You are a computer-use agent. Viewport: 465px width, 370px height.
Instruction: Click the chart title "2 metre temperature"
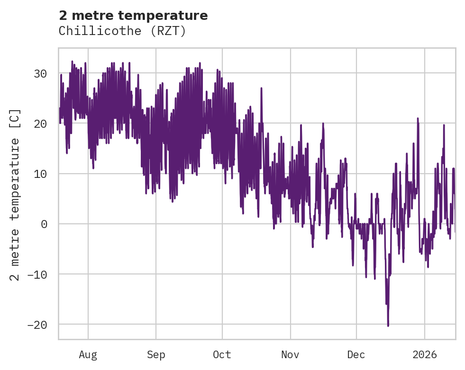[133, 16]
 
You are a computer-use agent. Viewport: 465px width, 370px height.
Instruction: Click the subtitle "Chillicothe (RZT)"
[122, 31]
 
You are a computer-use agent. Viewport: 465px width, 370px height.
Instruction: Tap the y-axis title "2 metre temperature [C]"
[15, 194]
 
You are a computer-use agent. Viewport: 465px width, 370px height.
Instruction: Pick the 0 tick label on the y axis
[44, 224]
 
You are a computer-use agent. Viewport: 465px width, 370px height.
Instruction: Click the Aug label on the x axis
[88, 355]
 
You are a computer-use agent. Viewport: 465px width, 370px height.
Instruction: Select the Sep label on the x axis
[155, 355]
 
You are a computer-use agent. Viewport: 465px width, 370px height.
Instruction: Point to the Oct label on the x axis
[222, 355]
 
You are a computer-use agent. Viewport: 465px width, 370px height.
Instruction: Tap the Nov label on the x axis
[290, 355]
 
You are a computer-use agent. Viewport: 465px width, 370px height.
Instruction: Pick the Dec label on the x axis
[356, 355]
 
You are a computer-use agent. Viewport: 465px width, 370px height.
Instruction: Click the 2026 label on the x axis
[425, 355]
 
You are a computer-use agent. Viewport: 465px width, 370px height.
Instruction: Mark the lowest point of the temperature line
[388, 326]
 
